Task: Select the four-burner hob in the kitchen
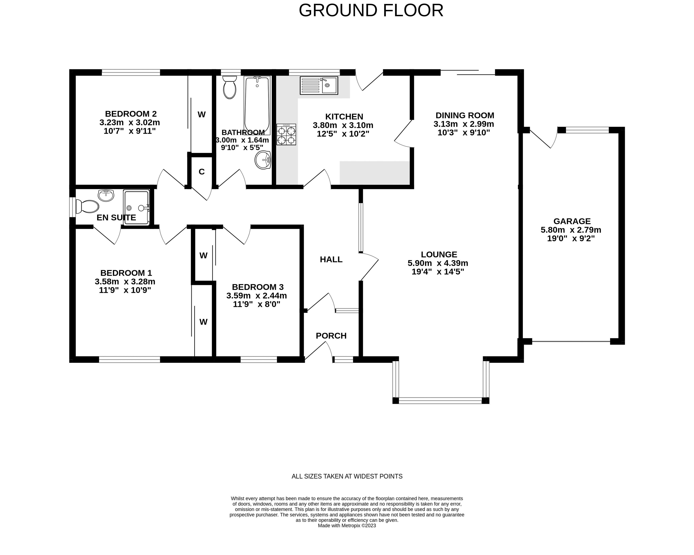[286, 134]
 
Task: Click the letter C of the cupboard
[201, 172]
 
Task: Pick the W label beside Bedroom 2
[201, 115]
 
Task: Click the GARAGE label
[572, 221]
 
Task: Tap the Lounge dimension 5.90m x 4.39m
[438, 263]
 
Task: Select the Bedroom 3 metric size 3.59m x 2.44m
[256, 295]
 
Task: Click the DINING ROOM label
[464, 115]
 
